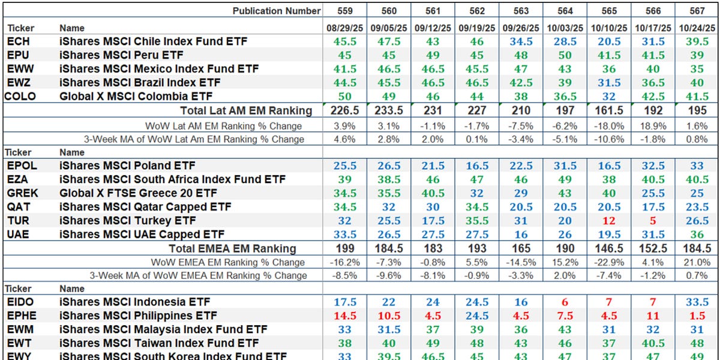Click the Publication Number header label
pyautogui.click(x=277, y=11)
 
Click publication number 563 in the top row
pyautogui.click(x=520, y=11)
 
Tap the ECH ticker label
pyautogui.click(x=18, y=42)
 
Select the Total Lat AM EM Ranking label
pyautogui.click(x=246, y=110)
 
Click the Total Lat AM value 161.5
pyautogui.click(x=608, y=110)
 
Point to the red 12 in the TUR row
pyautogui.click(x=609, y=221)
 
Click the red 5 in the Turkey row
pyautogui.click(x=653, y=221)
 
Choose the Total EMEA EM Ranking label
pyautogui.click(x=232, y=248)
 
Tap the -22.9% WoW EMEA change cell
pyautogui.click(x=608, y=262)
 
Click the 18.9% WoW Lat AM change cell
pyautogui.click(x=653, y=126)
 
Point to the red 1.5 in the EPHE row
pyautogui.click(x=697, y=316)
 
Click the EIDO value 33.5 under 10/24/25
pyautogui.click(x=697, y=302)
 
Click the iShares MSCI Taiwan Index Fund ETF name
pyautogui.click(x=159, y=344)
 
